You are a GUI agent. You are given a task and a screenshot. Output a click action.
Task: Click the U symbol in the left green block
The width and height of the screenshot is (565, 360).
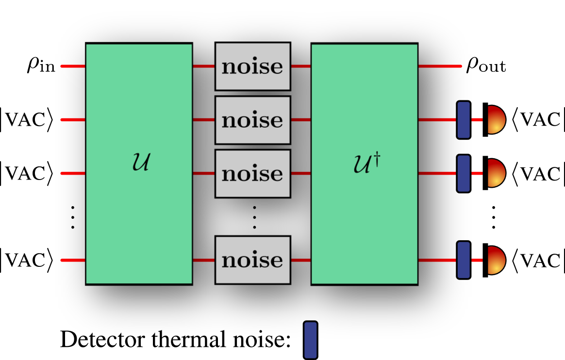click(141, 163)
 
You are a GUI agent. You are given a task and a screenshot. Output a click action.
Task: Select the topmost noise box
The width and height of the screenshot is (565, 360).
click(252, 66)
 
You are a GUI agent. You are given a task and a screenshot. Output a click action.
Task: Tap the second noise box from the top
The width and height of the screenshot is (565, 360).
click(252, 120)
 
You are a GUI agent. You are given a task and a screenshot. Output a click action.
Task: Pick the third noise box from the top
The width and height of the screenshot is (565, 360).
click(252, 173)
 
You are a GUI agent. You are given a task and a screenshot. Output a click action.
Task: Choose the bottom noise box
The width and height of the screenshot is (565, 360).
click(252, 260)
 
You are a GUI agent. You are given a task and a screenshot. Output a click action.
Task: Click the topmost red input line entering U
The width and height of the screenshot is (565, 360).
click(73, 66)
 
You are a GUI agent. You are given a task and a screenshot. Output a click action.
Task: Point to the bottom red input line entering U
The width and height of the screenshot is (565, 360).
click(73, 260)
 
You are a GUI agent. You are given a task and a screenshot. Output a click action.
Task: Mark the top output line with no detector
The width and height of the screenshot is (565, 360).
click(439, 66)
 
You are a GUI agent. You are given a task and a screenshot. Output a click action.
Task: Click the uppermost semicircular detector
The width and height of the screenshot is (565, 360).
click(496, 119)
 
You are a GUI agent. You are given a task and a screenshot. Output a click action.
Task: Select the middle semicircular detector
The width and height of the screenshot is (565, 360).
click(496, 173)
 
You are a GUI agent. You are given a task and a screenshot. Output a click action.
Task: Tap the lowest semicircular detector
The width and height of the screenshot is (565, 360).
click(496, 260)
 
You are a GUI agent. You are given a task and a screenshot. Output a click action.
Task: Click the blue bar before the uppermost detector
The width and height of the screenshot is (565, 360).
click(464, 120)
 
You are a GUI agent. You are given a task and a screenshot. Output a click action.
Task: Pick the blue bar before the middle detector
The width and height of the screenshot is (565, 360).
click(464, 173)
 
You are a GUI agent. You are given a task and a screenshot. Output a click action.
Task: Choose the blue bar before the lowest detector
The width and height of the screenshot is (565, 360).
click(464, 260)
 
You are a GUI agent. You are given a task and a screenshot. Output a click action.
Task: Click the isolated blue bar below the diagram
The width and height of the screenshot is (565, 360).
click(311, 340)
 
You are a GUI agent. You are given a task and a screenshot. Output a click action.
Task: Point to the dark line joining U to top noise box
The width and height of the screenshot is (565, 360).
click(203, 66)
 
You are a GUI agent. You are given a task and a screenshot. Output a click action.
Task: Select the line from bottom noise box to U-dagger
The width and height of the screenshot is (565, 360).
click(300, 260)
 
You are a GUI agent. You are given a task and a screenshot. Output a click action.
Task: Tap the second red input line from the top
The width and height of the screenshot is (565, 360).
click(73, 119)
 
